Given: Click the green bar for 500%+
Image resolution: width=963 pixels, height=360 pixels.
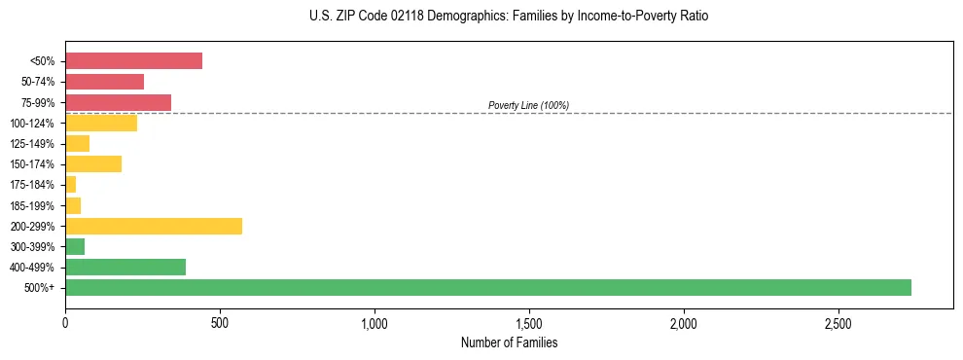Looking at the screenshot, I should pos(487,287).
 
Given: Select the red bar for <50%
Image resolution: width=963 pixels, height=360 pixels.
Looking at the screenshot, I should pos(133,60).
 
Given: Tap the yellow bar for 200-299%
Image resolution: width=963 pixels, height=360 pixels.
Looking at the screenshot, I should pos(154,226).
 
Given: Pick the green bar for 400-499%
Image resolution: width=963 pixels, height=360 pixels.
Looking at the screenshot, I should pos(125,267).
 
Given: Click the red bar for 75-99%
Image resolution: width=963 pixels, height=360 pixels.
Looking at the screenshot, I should pos(118,102).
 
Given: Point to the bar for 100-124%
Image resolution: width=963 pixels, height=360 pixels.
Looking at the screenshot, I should pos(101,123).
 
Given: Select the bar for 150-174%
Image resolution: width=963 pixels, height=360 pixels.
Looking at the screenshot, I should pos(93,163).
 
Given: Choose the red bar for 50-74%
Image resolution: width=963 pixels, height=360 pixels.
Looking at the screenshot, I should pos(104,82).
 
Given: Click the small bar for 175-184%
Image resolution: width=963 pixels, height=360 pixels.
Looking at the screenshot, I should pos(70,184).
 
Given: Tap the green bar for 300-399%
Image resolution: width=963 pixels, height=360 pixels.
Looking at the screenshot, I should pos(75,246).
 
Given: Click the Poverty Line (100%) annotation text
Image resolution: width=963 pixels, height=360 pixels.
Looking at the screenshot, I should pos(528,105).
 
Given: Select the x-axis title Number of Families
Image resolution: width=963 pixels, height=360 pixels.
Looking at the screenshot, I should pos(509,342).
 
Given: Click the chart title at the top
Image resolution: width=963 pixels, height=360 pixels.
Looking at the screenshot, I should pos(509,17).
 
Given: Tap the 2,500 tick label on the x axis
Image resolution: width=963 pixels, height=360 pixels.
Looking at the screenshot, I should pos(838,322).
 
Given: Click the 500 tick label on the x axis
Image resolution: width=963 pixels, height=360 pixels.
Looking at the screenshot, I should pos(220,322).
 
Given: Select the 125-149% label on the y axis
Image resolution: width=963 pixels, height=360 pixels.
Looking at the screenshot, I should pos(34,144).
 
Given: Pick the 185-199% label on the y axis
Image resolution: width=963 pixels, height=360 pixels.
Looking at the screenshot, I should pos(34,205).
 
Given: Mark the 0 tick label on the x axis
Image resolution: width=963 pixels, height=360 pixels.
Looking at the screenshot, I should pos(65,322).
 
